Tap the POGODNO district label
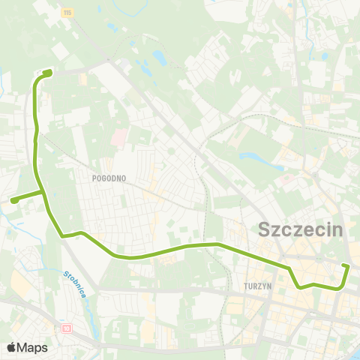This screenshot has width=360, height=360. [109, 178]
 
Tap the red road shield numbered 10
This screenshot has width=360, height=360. [67, 329]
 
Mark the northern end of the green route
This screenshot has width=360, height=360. [48, 73]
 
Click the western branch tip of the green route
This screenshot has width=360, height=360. [13, 200]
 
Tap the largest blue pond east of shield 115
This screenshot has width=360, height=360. [160, 57]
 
